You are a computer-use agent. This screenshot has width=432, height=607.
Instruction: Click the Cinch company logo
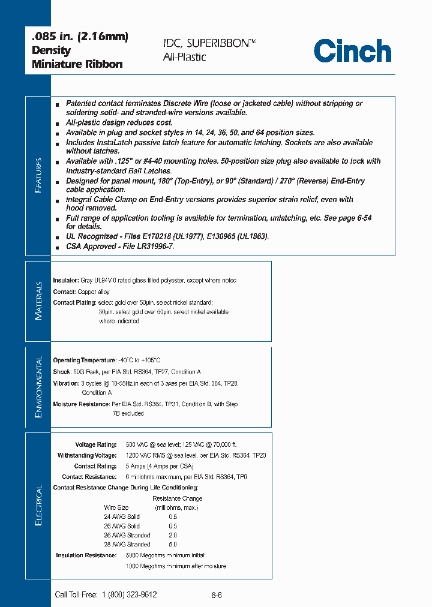pos(352,50)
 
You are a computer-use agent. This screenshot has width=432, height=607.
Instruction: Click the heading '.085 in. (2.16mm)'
pos(80,37)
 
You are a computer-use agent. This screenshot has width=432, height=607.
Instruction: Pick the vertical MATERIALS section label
pos(38,301)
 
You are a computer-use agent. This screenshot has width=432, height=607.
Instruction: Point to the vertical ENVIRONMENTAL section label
pos(38,387)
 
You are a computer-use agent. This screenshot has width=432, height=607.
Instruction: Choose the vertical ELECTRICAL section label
pos(38,506)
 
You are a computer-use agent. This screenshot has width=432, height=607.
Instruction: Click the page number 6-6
pos(217,595)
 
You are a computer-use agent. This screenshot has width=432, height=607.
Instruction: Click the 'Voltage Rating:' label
pos(95,445)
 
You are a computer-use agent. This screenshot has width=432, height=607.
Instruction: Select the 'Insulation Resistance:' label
pos(86,555)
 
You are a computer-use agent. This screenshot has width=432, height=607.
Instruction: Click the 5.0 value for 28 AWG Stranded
pos(173,545)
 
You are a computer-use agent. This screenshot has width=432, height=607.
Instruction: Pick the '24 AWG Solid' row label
pos(122,516)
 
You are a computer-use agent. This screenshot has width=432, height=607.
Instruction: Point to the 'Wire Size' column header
pos(116,507)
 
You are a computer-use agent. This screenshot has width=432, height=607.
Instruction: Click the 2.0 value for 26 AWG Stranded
pos(173,535)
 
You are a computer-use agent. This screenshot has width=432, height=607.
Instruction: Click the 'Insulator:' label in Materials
pos(65,281)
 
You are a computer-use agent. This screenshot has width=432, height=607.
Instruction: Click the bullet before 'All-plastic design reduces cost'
pos(57,123)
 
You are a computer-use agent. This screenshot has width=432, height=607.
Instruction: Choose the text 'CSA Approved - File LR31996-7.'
pos(120,247)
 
